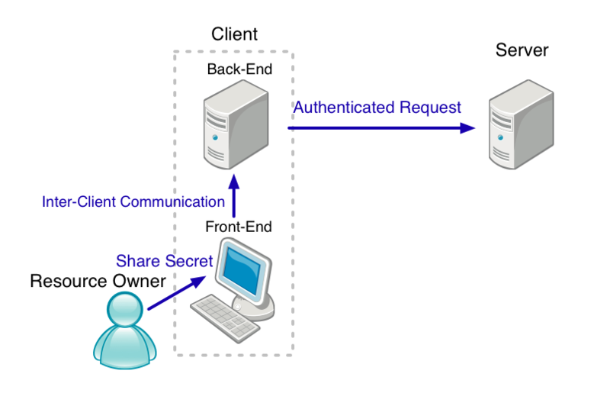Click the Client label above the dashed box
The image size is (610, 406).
coord(234,34)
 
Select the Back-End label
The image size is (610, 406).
coord(239,69)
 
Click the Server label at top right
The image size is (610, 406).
coord(522,51)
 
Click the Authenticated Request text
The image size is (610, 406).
coord(377,108)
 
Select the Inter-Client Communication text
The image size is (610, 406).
coord(133,202)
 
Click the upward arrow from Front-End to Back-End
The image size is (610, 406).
coord(235,198)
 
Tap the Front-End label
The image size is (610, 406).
coord(239,227)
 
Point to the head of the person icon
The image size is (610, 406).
coord(124,311)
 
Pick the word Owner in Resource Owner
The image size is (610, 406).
coord(140,282)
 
